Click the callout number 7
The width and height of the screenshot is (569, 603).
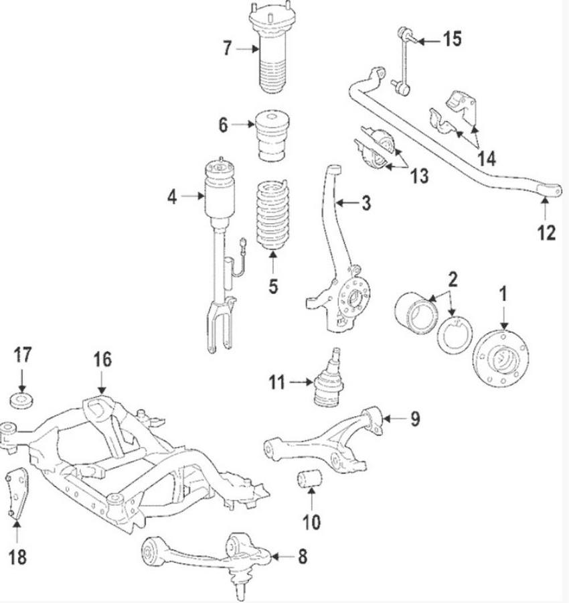click(x=228, y=48)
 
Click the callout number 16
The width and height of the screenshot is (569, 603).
click(x=102, y=360)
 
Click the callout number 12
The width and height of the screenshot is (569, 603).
click(x=546, y=232)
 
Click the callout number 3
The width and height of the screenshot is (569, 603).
click(x=365, y=202)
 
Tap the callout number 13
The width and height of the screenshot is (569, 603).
click(x=419, y=176)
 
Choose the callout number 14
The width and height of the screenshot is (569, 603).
click(x=487, y=159)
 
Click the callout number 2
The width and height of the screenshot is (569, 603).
click(x=453, y=278)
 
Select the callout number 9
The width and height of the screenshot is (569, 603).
click(x=415, y=419)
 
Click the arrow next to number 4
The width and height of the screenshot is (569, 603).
click(x=194, y=196)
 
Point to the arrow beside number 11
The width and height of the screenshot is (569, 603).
click(x=297, y=383)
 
